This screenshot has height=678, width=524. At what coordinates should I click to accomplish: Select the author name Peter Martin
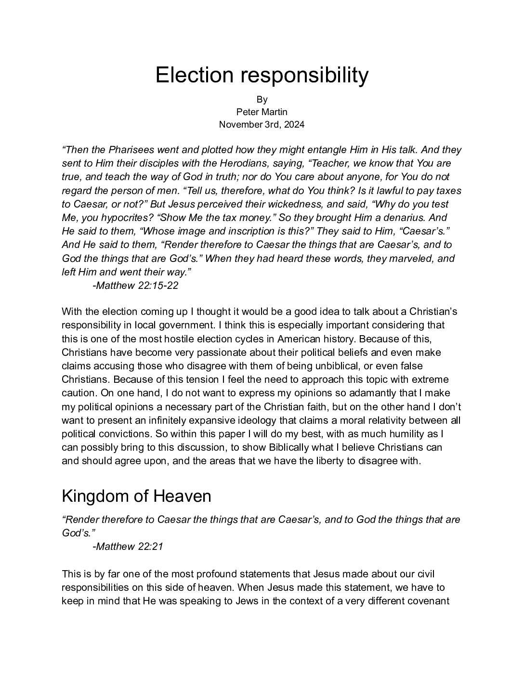[x=262, y=112]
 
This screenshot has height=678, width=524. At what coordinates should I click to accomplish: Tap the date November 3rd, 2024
[x=262, y=124]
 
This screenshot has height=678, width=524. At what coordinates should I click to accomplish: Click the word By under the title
[x=262, y=99]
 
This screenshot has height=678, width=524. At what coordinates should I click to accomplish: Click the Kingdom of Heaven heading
[x=136, y=495]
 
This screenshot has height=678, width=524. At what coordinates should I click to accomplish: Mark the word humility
[x=394, y=433]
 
